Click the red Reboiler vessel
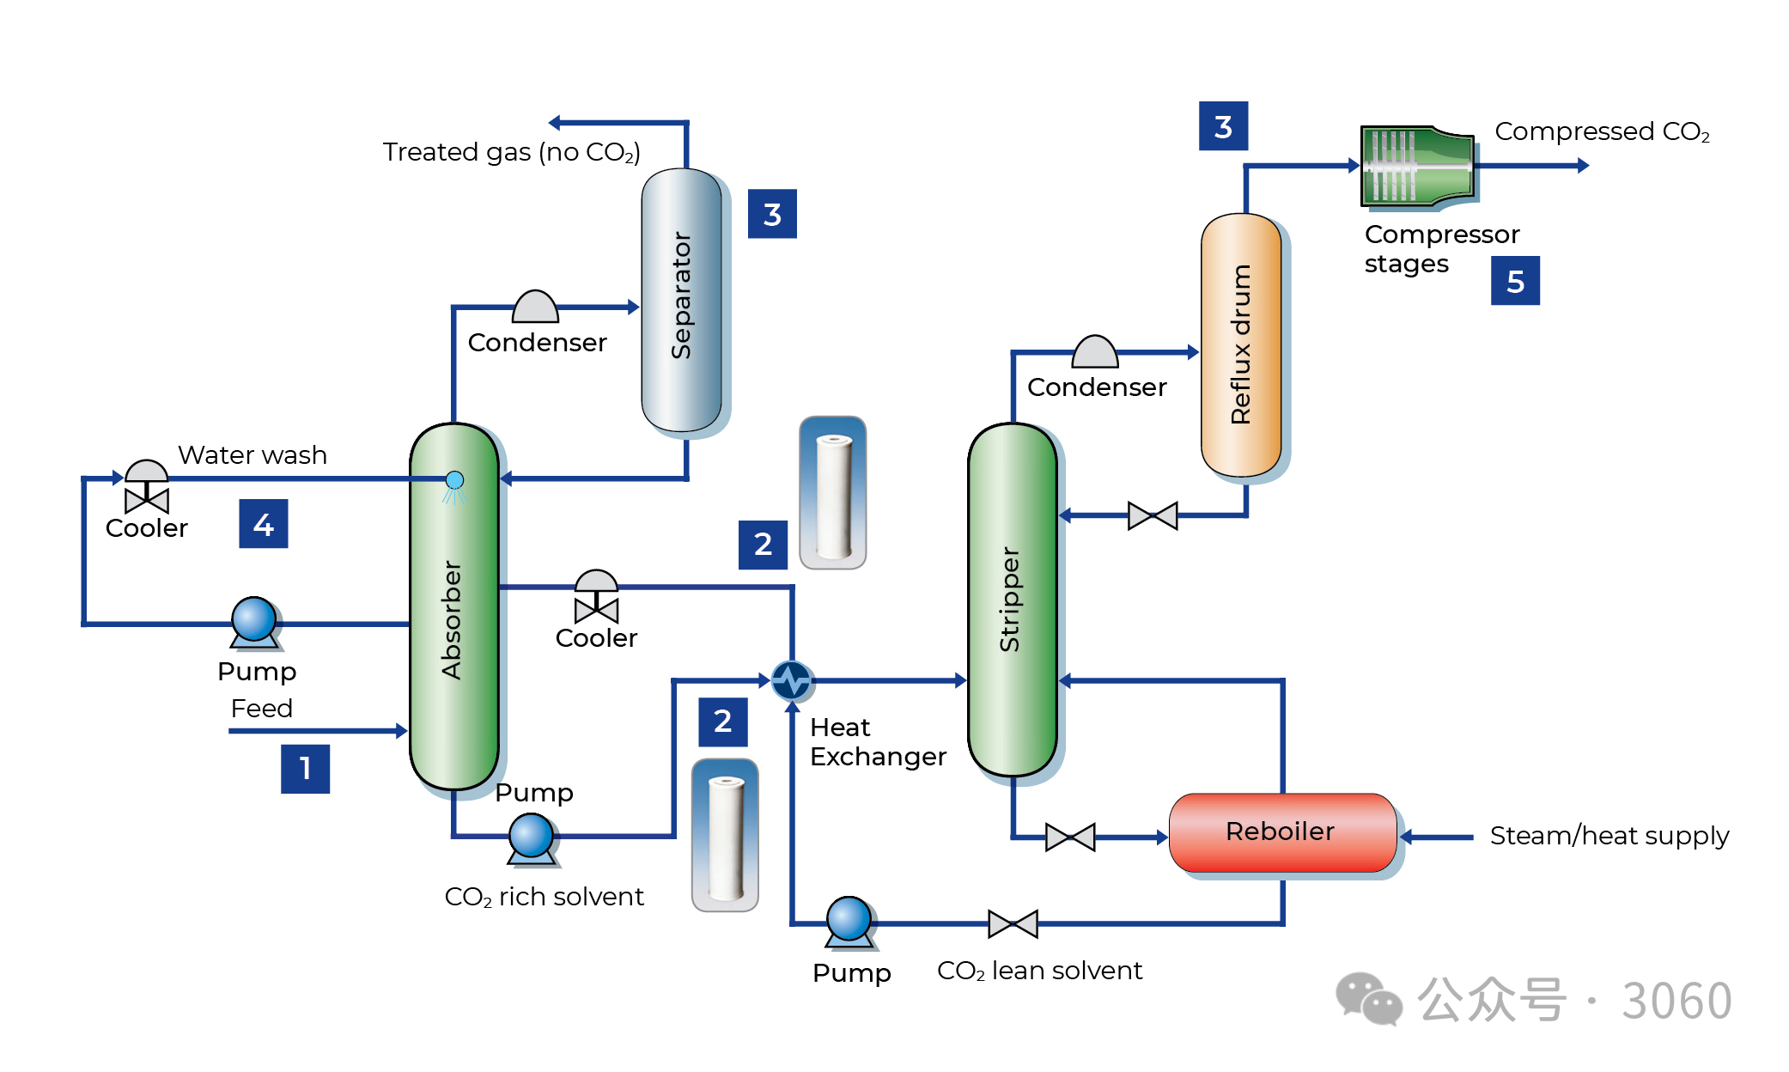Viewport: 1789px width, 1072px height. click(1281, 831)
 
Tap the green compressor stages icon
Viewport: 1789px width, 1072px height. click(1417, 166)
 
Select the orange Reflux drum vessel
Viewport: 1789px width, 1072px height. click(1241, 344)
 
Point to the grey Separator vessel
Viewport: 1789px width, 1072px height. click(682, 299)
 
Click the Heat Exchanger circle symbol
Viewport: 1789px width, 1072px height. click(791, 680)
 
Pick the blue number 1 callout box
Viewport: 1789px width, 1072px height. click(305, 769)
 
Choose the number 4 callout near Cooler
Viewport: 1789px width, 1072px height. click(263, 523)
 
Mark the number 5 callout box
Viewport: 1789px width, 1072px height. click(1515, 281)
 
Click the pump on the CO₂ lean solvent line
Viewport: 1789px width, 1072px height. click(849, 921)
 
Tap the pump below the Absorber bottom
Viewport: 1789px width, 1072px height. click(532, 837)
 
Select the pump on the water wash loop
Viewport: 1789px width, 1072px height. click(254, 621)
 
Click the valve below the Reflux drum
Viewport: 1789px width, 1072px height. click(1152, 515)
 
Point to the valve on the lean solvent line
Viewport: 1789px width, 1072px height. click(1013, 923)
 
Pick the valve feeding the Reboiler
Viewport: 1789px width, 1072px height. click(1070, 837)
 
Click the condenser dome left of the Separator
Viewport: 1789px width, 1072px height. click(535, 307)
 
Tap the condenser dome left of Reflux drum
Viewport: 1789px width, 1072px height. click(1095, 352)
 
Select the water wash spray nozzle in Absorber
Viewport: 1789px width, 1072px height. click(454, 481)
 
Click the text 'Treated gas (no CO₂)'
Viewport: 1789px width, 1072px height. click(512, 152)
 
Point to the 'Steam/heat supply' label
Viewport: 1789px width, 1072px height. click(1609, 836)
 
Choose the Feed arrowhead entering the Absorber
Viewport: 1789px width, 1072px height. click(401, 731)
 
